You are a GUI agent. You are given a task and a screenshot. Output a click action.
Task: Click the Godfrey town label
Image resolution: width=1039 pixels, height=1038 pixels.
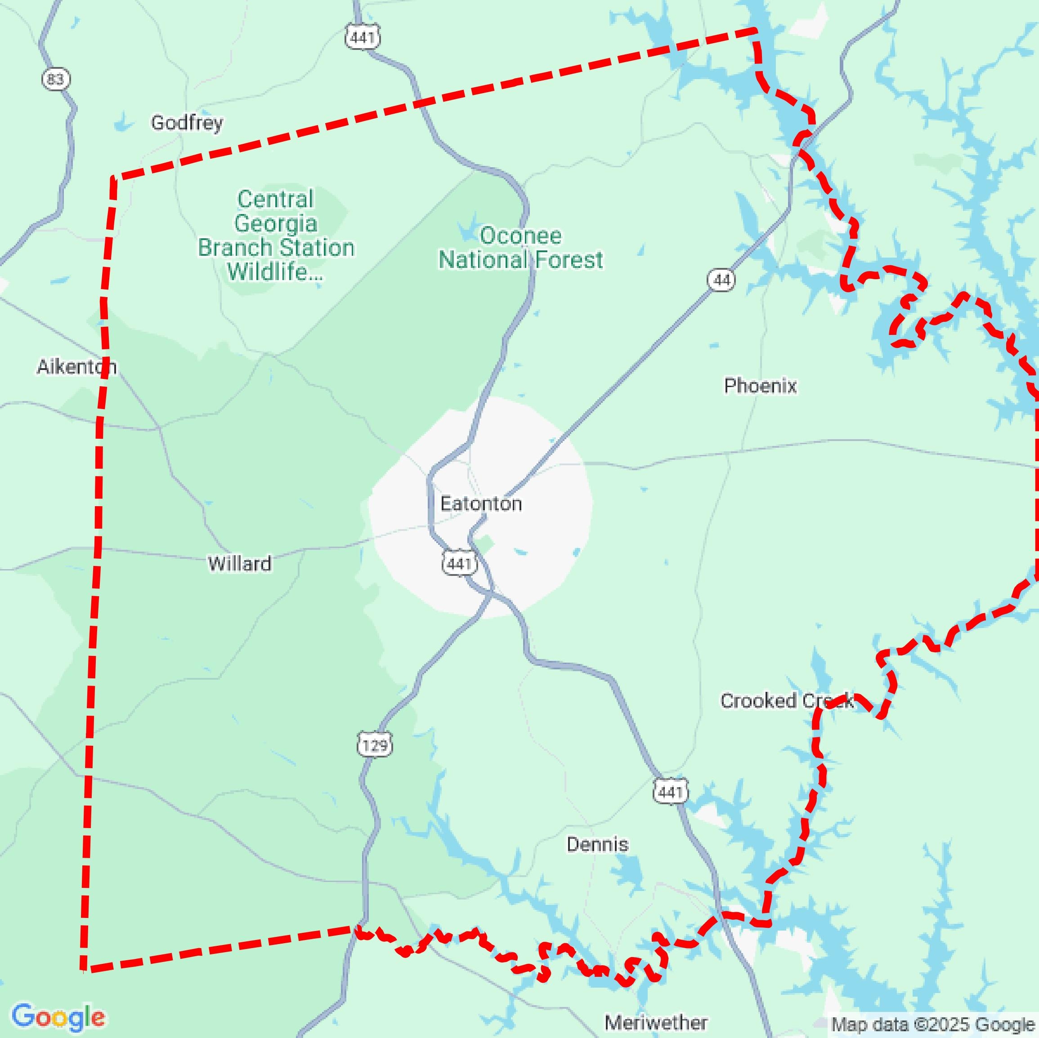pyautogui.click(x=187, y=123)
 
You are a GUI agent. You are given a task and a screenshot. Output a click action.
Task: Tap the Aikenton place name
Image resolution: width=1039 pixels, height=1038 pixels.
pyautogui.click(x=76, y=367)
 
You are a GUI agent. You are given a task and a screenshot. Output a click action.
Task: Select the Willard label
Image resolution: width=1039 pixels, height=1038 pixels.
pyautogui.click(x=239, y=563)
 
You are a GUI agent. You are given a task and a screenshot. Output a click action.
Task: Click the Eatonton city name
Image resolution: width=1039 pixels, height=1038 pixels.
pyautogui.click(x=481, y=503)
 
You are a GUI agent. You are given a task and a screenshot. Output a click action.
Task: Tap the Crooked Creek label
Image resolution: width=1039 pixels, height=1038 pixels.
pyautogui.click(x=786, y=700)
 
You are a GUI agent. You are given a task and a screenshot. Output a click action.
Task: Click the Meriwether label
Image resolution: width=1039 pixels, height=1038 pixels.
pyautogui.click(x=656, y=1022)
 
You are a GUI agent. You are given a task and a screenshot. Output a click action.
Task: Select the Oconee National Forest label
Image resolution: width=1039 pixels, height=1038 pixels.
pyautogui.click(x=520, y=248)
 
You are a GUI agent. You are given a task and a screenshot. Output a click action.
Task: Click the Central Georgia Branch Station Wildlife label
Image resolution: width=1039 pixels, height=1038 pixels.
pyautogui.click(x=276, y=236)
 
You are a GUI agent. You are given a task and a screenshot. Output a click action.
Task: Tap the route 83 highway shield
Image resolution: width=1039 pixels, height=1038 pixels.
pyautogui.click(x=55, y=80)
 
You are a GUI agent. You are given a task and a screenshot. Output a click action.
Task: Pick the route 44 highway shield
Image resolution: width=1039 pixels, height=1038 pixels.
pyautogui.click(x=721, y=280)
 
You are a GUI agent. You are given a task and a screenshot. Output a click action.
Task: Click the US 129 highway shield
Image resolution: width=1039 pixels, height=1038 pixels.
pyautogui.click(x=375, y=745)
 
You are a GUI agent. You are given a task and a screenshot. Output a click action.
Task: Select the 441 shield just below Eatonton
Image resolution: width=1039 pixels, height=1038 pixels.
pyautogui.click(x=459, y=563)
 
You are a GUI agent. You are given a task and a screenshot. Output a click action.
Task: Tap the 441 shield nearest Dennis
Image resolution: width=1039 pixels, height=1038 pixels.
pyautogui.click(x=671, y=792)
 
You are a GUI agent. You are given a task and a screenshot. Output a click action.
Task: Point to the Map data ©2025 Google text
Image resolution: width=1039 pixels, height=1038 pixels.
pyautogui.click(x=932, y=1024)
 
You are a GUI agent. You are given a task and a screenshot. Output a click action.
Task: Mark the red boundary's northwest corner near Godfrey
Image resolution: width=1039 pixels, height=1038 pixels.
pyautogui.click(x=113, y=178)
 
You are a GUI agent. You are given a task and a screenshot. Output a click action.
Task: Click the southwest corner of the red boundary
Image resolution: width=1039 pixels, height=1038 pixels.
pyautogui.click(x=83, y=969)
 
